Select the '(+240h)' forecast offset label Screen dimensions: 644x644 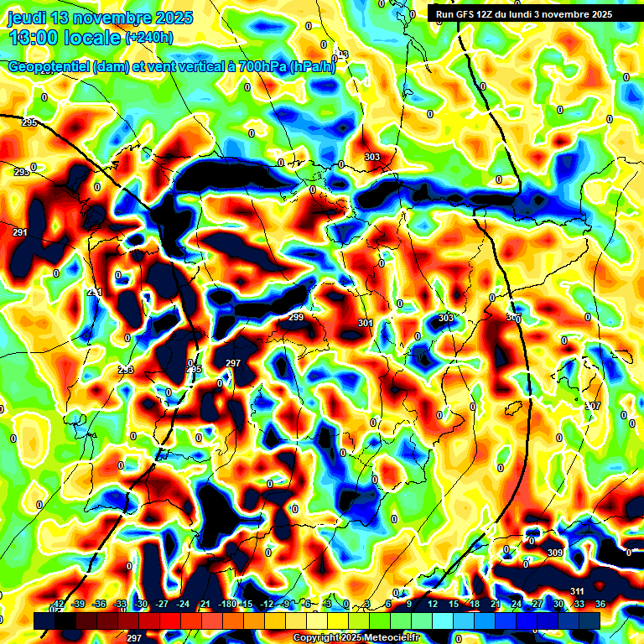click(149, 38)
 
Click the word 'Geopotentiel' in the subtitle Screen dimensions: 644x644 click(49, 67)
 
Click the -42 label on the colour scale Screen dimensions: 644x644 click(58, 605)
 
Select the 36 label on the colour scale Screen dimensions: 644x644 click(600, 605)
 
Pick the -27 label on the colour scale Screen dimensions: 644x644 click(162, 605)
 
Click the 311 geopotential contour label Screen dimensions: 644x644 click(577, 593)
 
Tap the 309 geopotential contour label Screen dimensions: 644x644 click(554, 553)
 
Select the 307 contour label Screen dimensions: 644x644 click(593, 406)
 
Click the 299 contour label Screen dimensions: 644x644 click(296, 317)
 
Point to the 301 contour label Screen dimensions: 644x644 click(365, 323)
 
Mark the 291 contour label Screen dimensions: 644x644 click(20, 232)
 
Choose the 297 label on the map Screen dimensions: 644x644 click(233, 363)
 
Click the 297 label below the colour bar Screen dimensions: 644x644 click(133, 638)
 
